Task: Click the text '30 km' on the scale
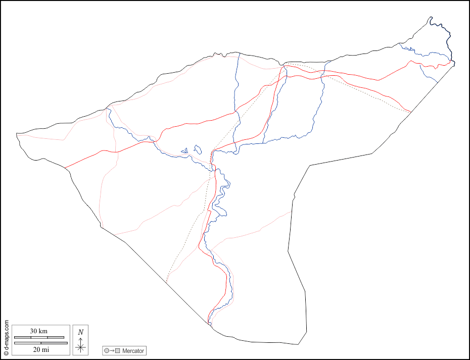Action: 38,331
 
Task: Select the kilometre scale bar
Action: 39,337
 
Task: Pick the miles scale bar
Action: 40,343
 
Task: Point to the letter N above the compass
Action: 80,332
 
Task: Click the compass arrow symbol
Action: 80,344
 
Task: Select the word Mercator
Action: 133,350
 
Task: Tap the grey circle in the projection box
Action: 106,350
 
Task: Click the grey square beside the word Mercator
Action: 118,350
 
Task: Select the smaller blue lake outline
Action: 185,150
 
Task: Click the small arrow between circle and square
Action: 112,350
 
